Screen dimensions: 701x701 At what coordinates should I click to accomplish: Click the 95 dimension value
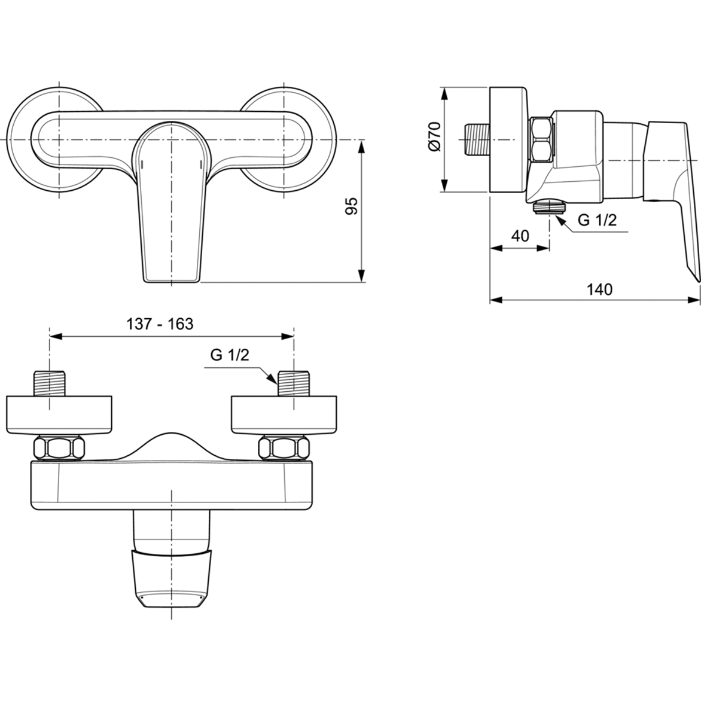pos(352,206)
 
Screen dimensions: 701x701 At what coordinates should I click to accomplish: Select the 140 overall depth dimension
pos(600,289)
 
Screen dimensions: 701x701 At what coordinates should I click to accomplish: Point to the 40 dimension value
pos(520,236)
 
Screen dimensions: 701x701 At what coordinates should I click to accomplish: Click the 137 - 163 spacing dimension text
pos(160,324)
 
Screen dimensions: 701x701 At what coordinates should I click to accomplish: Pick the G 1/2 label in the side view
pos(597,220)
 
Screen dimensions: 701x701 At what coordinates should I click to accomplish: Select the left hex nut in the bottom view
pos(59,449)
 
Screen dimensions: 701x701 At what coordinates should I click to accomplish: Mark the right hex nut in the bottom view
pos(284,449)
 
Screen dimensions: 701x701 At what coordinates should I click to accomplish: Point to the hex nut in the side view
pos(542,140)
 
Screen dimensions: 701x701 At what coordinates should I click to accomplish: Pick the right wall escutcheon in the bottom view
pos(285,413)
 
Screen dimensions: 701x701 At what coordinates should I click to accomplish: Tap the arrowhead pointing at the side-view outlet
pos(560,220)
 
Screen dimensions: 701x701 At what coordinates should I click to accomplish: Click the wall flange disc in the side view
pos(508,140)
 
